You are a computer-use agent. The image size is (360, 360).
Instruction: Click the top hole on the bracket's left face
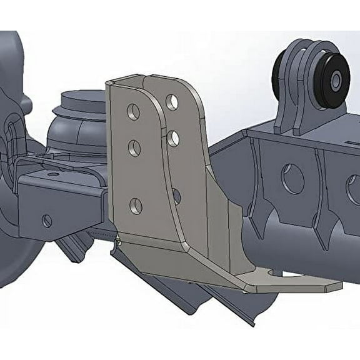(133, 112)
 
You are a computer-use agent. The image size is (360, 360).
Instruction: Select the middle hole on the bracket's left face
(134, 148)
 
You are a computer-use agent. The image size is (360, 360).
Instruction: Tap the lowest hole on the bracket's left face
(136, 206)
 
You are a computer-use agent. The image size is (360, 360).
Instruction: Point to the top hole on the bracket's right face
(172, 102)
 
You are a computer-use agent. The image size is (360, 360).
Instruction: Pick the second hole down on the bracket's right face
(173, 138)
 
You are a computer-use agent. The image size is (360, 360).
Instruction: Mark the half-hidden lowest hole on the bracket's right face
(176, 196)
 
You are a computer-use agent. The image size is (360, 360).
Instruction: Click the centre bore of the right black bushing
(336, 81)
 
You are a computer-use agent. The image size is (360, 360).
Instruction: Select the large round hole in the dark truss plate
(292, 179)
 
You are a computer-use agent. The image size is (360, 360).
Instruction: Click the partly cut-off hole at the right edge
(354, 190)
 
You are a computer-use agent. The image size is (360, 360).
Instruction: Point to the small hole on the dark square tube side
(47, 221)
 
